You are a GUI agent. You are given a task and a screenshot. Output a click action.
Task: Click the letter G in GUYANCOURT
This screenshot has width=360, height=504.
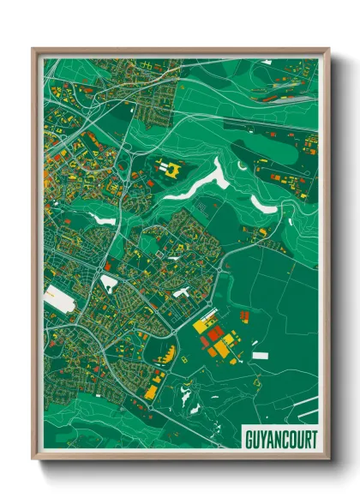pos(249,440)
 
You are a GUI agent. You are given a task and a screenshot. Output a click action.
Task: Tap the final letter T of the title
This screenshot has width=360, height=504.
pos(313,440)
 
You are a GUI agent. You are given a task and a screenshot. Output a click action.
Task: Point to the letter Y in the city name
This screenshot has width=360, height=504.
pos(265,440)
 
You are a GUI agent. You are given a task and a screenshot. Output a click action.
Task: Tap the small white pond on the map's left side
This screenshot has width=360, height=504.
pos(104,219)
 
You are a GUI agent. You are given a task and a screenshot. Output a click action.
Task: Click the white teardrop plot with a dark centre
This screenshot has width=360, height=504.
pos(110,281)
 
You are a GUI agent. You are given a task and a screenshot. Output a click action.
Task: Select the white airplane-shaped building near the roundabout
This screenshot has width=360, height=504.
pos(181,293)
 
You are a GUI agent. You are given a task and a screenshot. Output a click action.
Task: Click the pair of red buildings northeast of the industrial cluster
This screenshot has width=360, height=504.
pos(243,316)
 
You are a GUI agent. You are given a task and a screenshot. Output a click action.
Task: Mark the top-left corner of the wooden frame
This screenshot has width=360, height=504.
pos(33,50)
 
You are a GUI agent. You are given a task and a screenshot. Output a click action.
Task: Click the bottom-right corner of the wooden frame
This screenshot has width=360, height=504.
pos(328,460)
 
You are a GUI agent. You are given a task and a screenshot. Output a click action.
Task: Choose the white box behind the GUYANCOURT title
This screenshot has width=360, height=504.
pos(280,440)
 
